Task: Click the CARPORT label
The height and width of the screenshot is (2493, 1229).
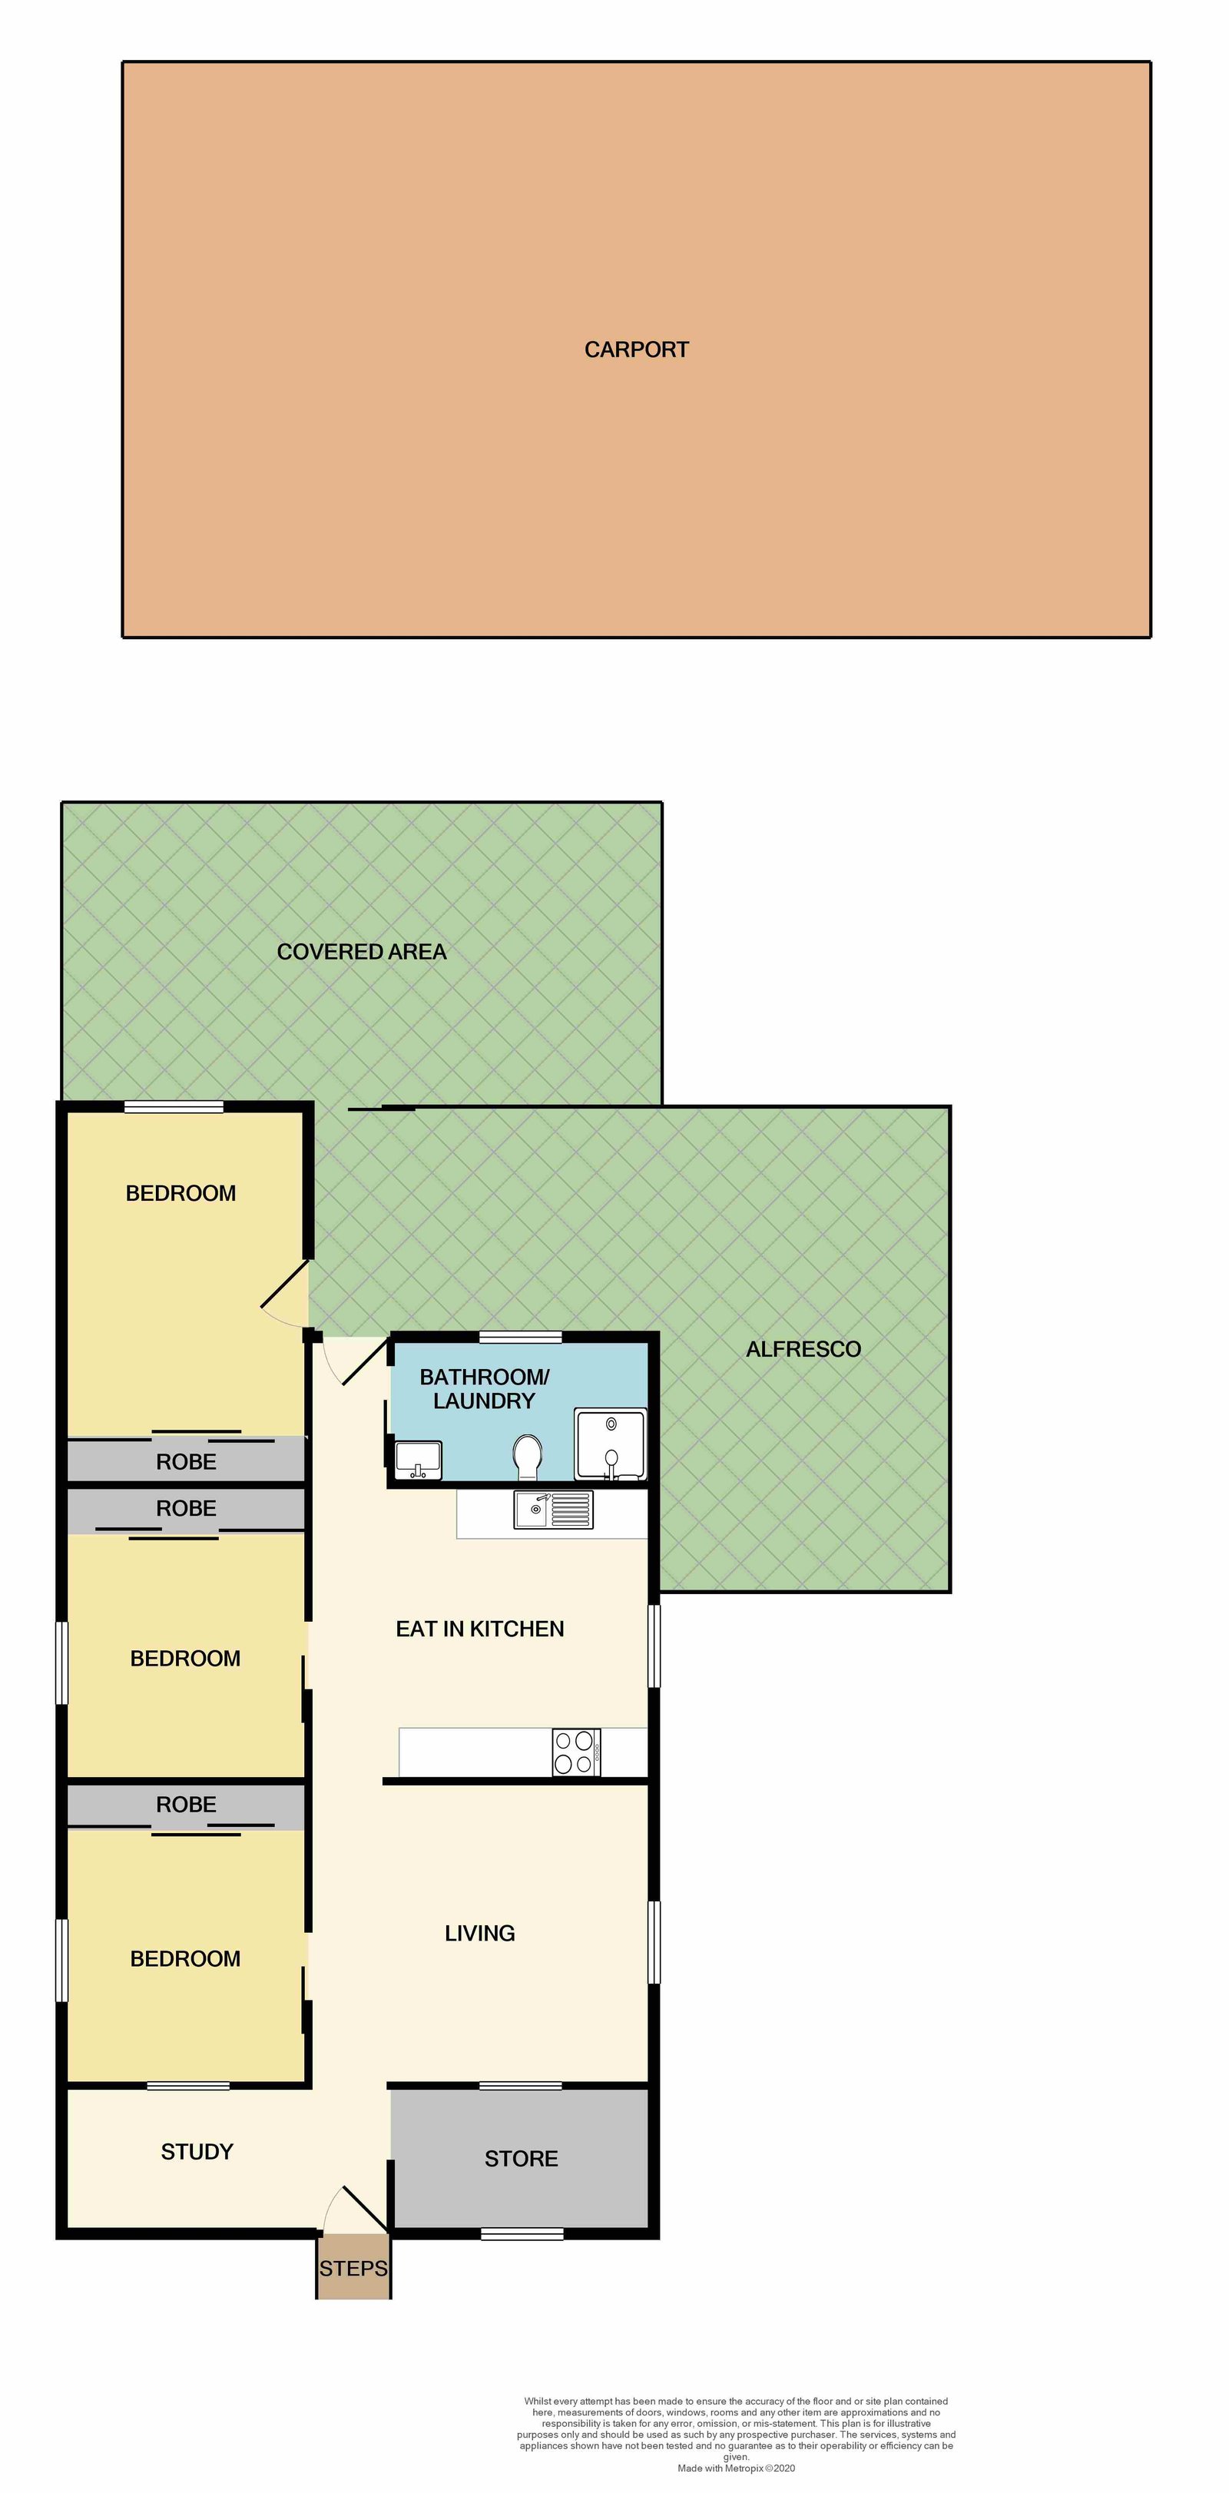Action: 636,350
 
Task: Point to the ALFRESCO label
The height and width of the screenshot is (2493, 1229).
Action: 803,1349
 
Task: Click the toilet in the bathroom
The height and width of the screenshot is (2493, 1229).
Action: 528,1457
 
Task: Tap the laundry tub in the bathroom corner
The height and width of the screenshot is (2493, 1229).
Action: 611,1444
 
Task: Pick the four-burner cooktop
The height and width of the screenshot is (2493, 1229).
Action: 577,1752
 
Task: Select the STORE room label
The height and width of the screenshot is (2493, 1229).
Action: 522,2158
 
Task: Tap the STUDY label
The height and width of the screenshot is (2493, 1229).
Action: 197,2151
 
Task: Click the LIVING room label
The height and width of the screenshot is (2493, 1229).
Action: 480,1933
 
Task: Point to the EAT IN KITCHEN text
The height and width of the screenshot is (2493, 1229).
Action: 480,1629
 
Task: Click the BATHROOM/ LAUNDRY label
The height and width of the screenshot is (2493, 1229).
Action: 484,1389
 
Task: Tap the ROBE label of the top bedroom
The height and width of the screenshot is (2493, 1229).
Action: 187,1461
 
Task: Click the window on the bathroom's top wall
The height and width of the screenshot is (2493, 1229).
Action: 521,1338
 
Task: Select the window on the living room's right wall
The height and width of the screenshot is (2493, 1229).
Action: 654,1942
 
